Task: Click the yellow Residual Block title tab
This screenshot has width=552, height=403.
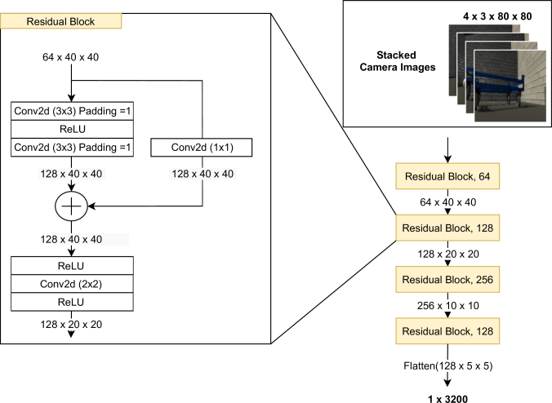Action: (61, 21)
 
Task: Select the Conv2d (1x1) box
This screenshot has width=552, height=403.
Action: (202, 148)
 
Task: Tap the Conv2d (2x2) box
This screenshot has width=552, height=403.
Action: (72, 284)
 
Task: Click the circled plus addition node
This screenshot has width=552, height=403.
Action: (72, 206)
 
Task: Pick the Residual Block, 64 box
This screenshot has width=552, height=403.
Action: (447, 176)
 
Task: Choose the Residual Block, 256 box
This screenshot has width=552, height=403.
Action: (447, 280)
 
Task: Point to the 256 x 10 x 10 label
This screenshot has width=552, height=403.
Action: (448, 306)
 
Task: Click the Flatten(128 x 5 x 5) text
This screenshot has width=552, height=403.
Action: (447, 366)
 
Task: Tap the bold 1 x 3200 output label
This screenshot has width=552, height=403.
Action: (447, 399)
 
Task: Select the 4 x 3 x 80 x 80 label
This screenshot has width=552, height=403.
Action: (497, 16)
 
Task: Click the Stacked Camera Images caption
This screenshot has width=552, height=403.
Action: (398, 61)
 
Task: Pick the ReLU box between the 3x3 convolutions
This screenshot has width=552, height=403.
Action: (72, 129)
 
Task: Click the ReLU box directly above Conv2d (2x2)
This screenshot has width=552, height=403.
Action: (72, 265)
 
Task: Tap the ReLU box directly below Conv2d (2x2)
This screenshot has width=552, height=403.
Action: (72, 302)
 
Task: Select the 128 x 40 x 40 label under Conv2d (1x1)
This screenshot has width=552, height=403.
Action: (203, 174)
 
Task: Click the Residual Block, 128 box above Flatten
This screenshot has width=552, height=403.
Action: (447, 331)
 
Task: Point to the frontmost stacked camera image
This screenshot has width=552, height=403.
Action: (510, 86)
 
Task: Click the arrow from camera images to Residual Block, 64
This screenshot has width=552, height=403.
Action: (447, 150)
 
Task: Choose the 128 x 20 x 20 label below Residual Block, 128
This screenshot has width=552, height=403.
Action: (448, 254)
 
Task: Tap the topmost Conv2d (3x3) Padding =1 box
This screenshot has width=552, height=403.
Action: (72, 111)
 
